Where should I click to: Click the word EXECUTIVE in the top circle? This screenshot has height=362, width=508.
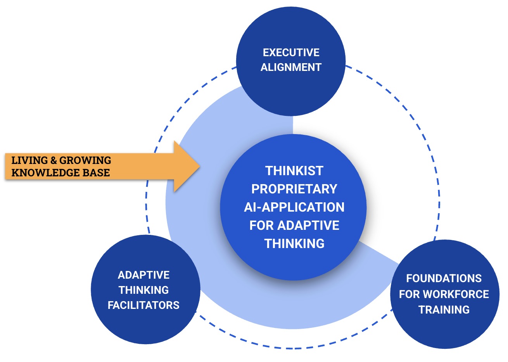pos(291,53)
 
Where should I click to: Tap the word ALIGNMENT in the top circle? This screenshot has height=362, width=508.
pos(291,67)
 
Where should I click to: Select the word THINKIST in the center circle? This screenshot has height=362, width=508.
pos(294,171)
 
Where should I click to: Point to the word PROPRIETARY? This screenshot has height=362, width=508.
pos(294,189)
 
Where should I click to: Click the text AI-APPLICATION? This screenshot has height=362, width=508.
pos(294,207)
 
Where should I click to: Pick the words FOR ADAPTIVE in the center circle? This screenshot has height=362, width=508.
pos(294,226)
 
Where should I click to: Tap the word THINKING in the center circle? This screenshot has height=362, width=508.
pos(294,244)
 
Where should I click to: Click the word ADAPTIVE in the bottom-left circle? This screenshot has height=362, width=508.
pos(143,275)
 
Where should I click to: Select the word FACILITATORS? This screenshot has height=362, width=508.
pos(143,305)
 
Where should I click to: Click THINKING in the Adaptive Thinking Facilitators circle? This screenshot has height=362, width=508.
pos(143,290)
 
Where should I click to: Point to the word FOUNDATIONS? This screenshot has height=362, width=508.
pos(444,279)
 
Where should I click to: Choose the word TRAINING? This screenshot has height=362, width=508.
pos(444,310)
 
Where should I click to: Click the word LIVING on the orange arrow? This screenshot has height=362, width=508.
pos(30,160)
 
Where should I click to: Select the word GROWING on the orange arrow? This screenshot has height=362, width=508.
pos(85,160)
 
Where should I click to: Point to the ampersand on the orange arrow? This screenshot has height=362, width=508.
pos(54,160)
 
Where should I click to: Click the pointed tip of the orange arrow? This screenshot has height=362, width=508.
pos(199,167)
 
